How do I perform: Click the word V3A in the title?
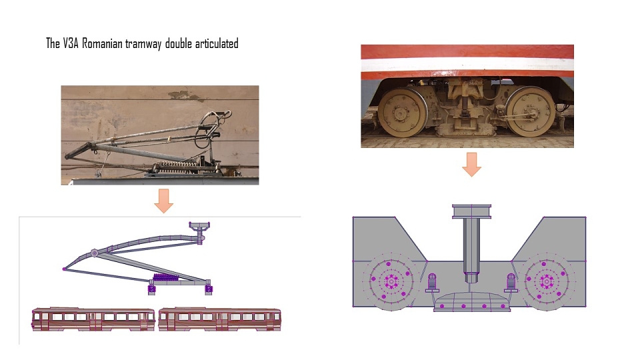point(70,43)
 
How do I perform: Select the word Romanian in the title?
point(102,43)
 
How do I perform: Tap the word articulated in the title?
point(217,43)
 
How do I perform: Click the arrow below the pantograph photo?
point(164,201)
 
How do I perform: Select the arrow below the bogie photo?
point(472,165)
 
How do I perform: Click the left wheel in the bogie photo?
point(402,112)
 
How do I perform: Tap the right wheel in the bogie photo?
point(531,111)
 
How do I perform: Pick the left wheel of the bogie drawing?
point(391,281)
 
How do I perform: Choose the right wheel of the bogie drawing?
point(547,281)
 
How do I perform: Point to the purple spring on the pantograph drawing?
point(166,277)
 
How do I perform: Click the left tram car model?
point(93,319)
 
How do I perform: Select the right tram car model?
point(219,319)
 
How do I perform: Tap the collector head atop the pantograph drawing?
point(199,225)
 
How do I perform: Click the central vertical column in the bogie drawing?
point(471,243)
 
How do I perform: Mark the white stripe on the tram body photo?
point(467,65)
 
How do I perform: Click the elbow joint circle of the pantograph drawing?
point(94,253)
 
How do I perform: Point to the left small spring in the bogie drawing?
point(432,283)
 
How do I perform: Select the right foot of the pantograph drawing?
point(209,288)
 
